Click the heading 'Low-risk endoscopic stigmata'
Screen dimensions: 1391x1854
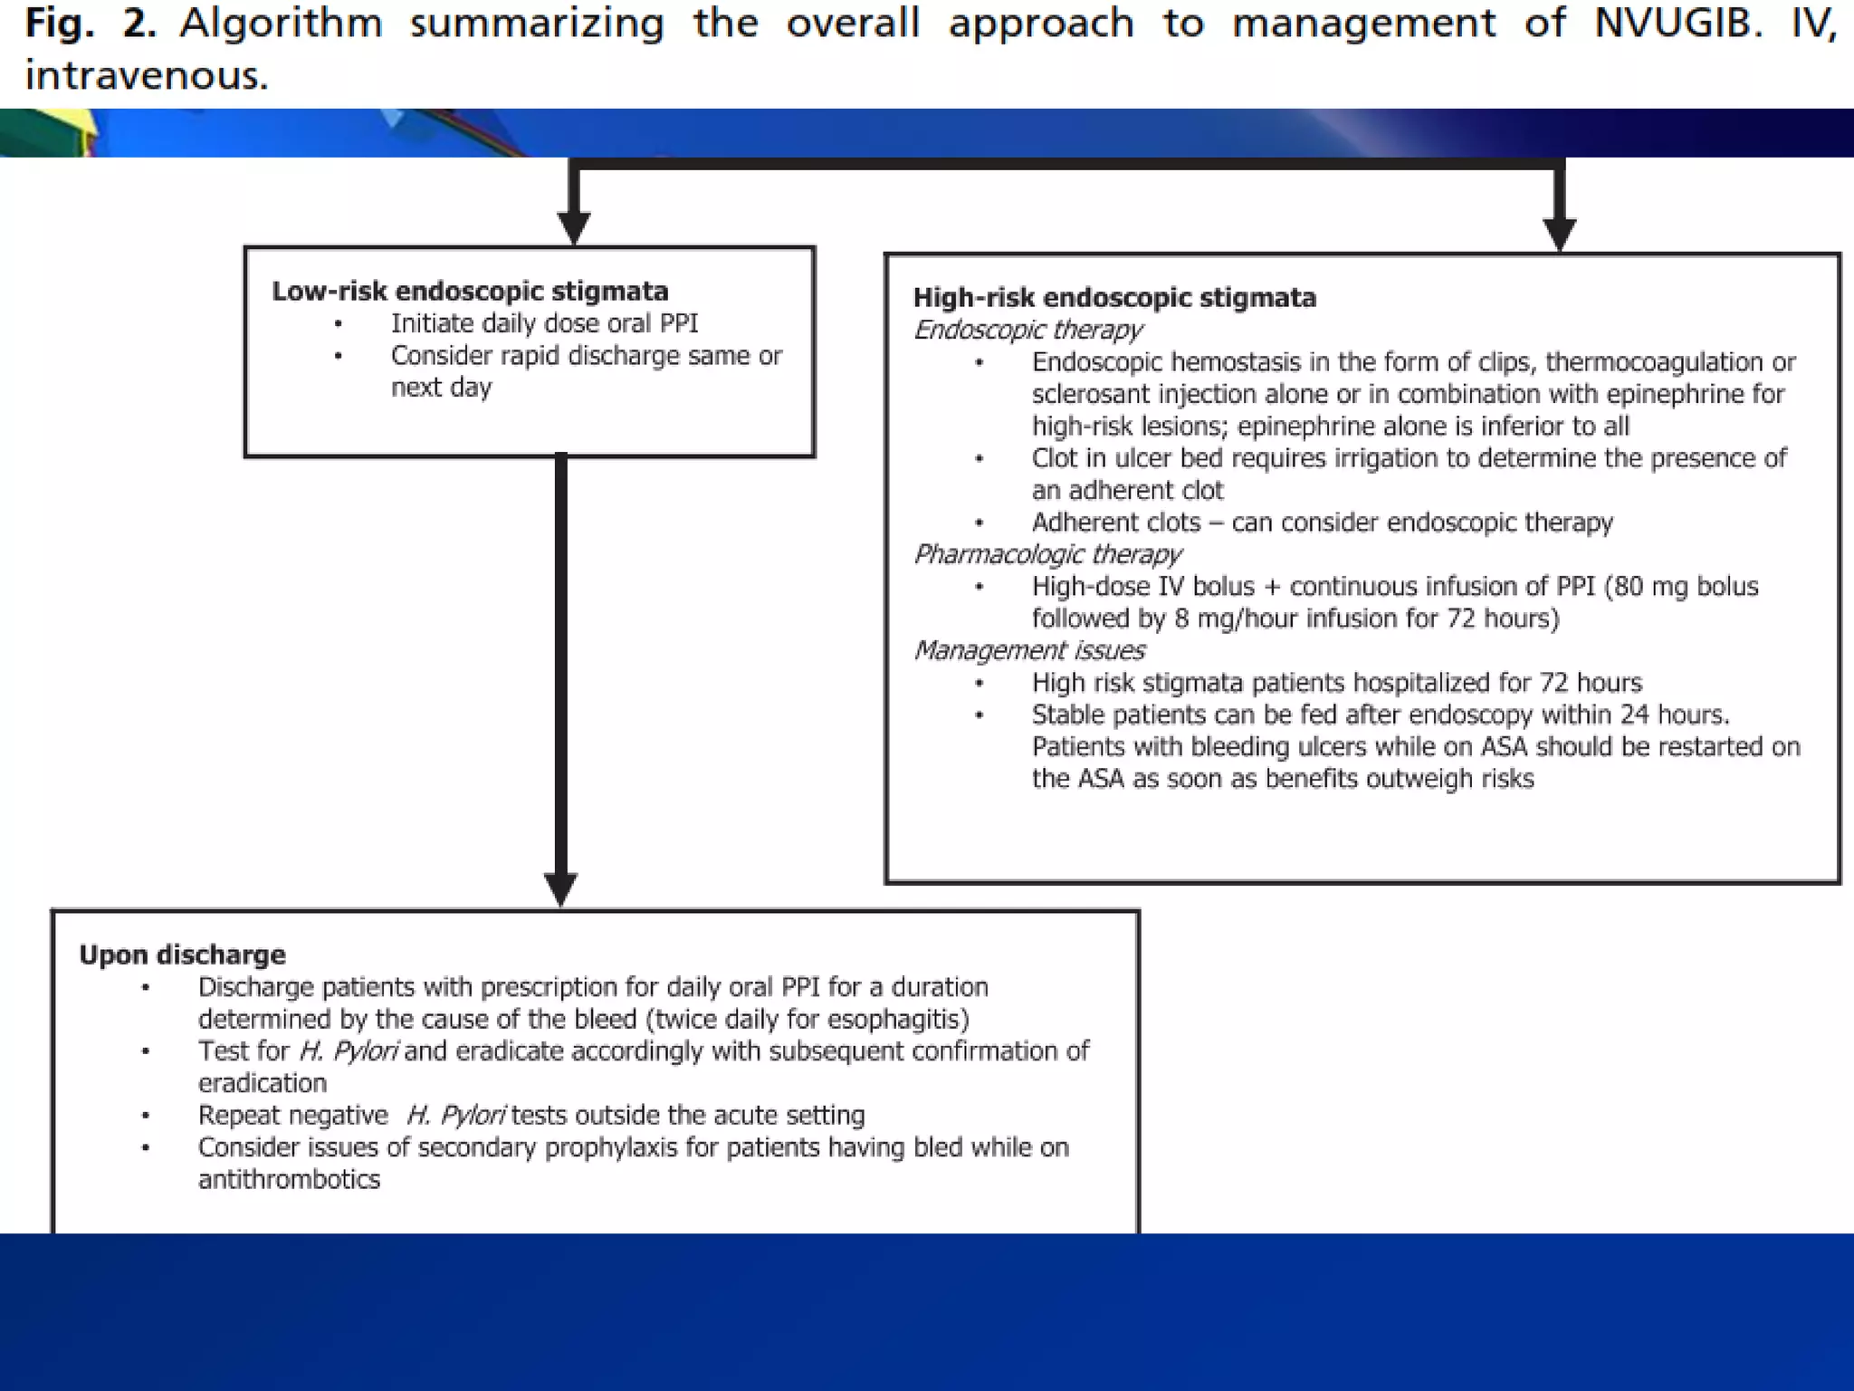pos(470,291)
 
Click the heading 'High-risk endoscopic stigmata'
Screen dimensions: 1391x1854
pos(1114,297)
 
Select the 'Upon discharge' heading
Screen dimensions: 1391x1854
pos(182,955)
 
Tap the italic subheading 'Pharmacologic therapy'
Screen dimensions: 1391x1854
pos(1047,553)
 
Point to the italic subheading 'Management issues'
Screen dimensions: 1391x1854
pos(1029,650)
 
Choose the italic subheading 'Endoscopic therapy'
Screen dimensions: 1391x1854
pos(1027,330)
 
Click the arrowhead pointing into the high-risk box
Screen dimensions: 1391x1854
pos(1559,233)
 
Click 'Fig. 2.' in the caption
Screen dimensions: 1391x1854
pos(91,24)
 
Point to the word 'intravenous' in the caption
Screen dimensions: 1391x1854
pos(145,75)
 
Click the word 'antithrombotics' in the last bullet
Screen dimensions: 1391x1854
pos(289,1179)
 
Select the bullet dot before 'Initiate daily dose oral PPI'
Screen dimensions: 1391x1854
pos(339,324)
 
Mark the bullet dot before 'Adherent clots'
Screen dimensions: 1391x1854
pos(980,523)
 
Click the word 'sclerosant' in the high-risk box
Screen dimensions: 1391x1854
pos(1092,394)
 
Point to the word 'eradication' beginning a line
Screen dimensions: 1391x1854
pos(263,1083)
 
